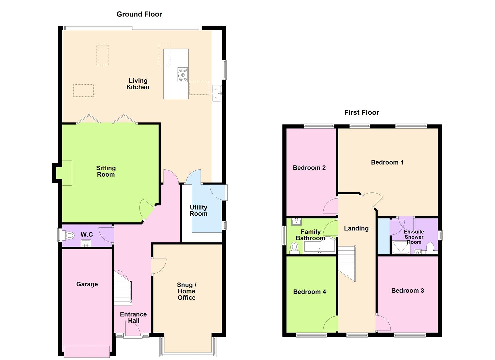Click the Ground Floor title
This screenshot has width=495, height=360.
point(139,14)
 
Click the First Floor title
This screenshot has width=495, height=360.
point(361,112)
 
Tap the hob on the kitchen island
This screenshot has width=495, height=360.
point(182,75)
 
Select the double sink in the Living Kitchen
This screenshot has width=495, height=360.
point(217,93)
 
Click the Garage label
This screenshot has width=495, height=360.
point(87,284)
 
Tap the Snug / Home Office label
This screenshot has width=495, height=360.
point(186,291)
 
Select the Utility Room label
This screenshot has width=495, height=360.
point(198,210)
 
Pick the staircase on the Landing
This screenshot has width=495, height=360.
point(347,263)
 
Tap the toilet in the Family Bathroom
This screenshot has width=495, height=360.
point(294,247)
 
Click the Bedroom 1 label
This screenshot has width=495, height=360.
point(387,162)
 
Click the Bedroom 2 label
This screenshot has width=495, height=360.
point(309,168)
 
